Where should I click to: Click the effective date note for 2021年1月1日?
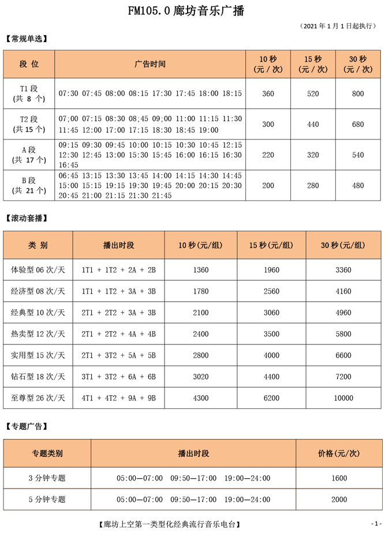(x=338, y=26)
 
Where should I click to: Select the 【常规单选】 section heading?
(x=27, y=39)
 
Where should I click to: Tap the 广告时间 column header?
(x=149, y=64)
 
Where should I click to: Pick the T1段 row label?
(x=29, y=93)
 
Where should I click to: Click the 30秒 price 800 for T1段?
(x=358, y=93)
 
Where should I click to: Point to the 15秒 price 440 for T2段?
(x=313, y=124)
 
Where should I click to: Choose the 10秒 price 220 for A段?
(x=268, y=155)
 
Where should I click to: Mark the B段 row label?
(x=29, y=185)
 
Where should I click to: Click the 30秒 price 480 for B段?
(x=358, y=185)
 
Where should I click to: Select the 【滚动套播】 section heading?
(x=27, y=218)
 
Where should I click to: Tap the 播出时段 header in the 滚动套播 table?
(x=118, y=245)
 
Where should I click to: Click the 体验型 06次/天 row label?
(x=38, y=270)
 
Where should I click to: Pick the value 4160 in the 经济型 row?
(x=343, y=291)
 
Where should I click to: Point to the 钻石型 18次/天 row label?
(x=38, y=377)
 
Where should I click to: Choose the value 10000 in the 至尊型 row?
(x=343, y=398)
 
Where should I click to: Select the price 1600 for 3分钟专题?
(x=339, y=478)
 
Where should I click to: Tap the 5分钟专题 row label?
(x=47, y=499)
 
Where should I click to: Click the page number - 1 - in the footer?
(x=376, y=524)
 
